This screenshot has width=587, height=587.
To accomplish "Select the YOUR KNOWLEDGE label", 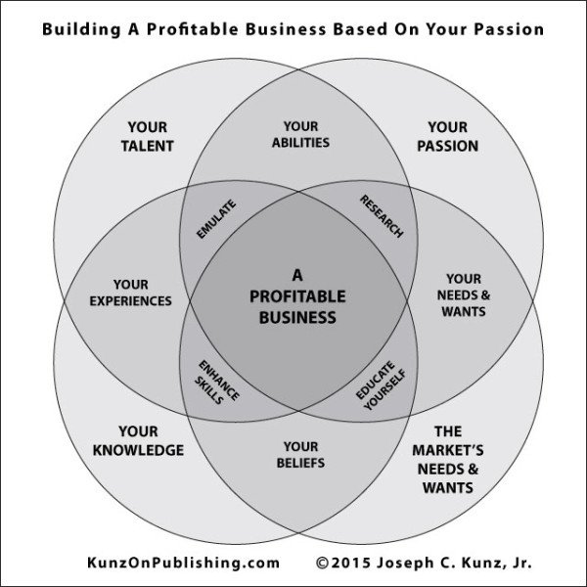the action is [138, 440].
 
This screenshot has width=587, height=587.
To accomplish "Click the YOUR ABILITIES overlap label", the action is [300, 134].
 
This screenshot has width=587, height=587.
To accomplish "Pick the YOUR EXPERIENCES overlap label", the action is [130, 293].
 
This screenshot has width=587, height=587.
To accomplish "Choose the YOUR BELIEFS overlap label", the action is [300, 454].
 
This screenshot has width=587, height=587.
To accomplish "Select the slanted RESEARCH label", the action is [382, 216].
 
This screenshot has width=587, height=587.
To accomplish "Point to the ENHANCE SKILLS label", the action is [217, 382].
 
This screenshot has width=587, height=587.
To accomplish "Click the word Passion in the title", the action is [508, 29].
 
